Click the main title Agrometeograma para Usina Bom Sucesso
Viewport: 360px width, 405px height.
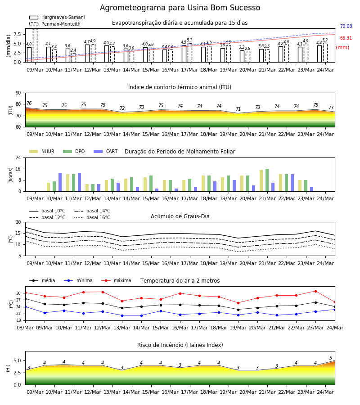point(180,8)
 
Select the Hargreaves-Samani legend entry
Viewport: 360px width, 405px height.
point(57,17)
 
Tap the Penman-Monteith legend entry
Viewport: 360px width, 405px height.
point(55,24)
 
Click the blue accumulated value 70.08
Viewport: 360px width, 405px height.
point(346,27)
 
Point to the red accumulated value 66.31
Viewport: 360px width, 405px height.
point(346,38)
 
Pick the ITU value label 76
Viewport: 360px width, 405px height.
point(29,103)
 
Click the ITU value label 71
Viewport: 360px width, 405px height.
point(238,109)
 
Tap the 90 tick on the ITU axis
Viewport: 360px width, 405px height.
point(18,93)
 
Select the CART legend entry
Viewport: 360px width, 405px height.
point(106,151)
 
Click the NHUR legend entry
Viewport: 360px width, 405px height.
point(42,151)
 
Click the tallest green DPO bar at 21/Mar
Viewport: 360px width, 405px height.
point(267,180)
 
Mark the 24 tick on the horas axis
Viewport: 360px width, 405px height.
point(18,157)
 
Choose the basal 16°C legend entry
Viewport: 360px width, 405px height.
point(92,217)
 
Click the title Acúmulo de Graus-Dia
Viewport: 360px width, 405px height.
point(180,216)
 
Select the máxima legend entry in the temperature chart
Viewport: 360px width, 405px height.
point(116,280)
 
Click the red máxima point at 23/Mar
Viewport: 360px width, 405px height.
point(315,291)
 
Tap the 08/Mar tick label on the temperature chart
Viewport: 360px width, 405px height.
point(25,328)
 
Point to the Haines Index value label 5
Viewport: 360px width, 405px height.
point(331,358)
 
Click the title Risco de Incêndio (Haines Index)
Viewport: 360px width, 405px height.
point(180,345)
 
